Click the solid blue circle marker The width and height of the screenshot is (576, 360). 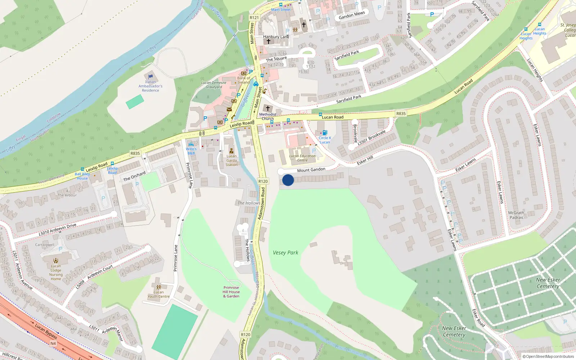(288, 180)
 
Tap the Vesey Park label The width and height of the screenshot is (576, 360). (285, 253)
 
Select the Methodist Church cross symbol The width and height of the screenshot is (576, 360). (267, 108)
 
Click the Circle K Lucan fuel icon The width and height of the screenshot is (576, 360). (325, 132)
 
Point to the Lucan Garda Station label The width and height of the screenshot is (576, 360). (231, 160)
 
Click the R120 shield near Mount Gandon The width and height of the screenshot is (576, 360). (263, 181)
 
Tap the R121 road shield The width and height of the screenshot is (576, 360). (254, 18)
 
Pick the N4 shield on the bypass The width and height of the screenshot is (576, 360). (53, 343)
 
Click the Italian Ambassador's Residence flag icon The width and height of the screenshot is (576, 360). (150, 76)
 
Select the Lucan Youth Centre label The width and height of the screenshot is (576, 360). (158, 294)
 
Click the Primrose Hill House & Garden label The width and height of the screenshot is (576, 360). (231, 292)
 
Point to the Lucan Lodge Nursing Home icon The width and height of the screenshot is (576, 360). (56, 261)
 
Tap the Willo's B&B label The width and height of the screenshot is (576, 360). (191, 151)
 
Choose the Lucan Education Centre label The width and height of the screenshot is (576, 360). (302, 158)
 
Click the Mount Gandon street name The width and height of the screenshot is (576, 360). (311, 170)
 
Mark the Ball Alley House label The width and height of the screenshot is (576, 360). (82, 176)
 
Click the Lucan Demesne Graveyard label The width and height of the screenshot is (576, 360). (214, 85)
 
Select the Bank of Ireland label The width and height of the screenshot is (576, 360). (243, 80)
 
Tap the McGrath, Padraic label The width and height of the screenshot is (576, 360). (517, 215)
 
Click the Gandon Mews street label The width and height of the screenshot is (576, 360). (352, 15)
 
